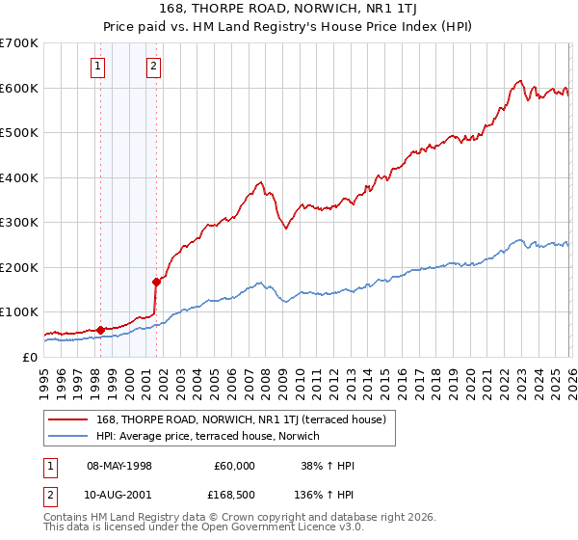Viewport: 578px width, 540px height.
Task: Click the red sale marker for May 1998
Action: tap(100, 330)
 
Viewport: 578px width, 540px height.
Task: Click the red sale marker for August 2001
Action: tap(155, 282)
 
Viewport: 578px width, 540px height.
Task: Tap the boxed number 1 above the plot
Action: tap(99, 67)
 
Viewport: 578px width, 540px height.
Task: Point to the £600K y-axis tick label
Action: tap(18, 88)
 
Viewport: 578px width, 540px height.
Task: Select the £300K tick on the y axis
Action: tap(18, 223)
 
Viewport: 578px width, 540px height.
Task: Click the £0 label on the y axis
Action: tap(29, 357)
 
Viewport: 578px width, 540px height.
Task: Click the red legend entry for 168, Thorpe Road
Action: tap(241, 419)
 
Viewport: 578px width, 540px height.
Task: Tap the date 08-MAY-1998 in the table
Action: tap(119, 466)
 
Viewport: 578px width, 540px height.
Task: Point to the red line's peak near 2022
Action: tap(519, 81)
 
